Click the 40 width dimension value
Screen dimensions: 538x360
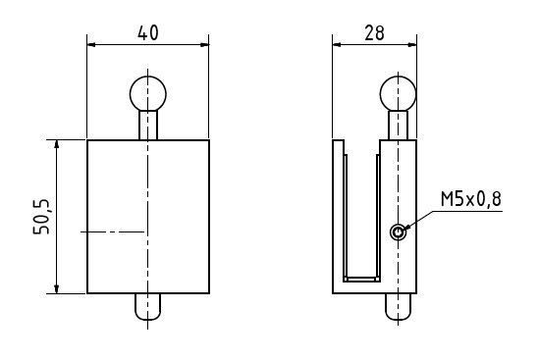(x=148, y=33)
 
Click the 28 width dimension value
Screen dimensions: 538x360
(x=374, y=33)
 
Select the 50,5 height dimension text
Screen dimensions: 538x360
(x=41, y=217)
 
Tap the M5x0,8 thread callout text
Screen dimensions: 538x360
(x=471, y=199)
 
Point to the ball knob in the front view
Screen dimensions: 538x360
(x=148, y=93)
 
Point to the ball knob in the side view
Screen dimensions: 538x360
(x=398, y=93)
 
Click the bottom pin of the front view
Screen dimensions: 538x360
(x=148, y=306)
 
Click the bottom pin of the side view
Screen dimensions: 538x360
(x=398, y=306)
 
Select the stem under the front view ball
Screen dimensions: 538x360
(x=148, y=126)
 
